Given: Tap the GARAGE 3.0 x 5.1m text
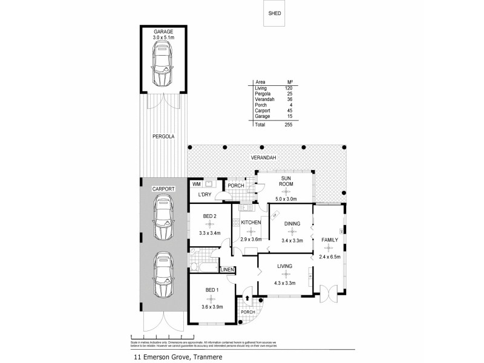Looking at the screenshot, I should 163,34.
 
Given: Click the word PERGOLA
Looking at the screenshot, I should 163,137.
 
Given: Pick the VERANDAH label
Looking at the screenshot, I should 264,159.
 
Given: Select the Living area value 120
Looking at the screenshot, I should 289,88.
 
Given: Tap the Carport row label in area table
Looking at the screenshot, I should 261,110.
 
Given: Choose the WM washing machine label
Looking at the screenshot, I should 196,184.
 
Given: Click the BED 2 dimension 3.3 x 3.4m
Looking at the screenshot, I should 211,232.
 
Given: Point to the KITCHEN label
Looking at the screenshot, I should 250,223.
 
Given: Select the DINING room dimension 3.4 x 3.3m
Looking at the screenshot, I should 292,241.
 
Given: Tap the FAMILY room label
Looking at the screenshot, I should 330,240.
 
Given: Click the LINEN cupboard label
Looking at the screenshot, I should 227,269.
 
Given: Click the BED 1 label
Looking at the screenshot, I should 211,291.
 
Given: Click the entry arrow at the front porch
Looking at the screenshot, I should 247,297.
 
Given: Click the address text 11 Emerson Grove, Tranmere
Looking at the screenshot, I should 172,357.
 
